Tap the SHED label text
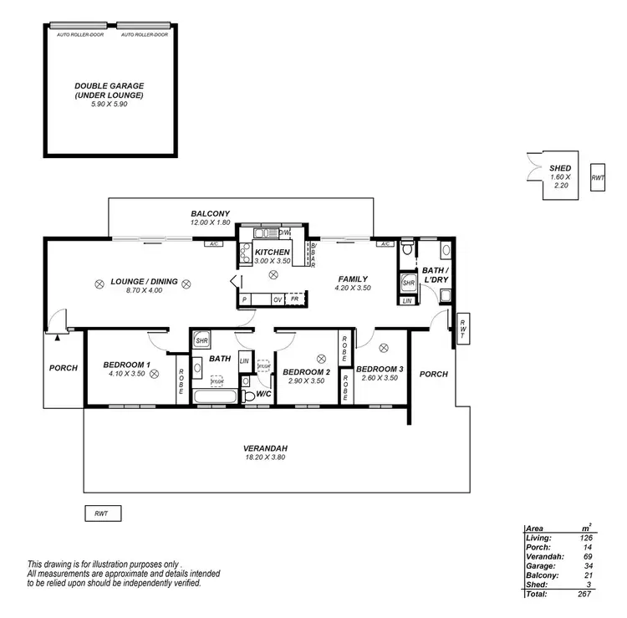click(x=561, y=168)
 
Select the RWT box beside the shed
click(x=597, y=178)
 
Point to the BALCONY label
click(x=210, y=214)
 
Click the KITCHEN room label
click(x=272, y=253)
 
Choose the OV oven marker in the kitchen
click(x=277, y=299)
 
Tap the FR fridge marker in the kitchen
click(x=294, y=299)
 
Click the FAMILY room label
click(x=353, y=278)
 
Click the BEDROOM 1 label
click(x=126, y=365)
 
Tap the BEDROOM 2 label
click(x=306, y=372)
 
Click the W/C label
click(x=263, y=394)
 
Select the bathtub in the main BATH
click(x=215, y=397)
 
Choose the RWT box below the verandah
click(x=103, y=513)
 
